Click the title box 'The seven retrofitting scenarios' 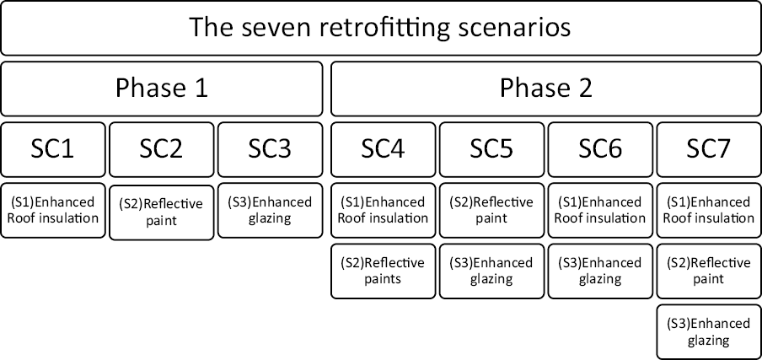click(380, 28)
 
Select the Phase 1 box click(161, 88)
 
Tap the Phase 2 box click(545, 88)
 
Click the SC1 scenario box click(53, 148)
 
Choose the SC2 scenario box click(161, 148)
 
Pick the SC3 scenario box click(270, 148)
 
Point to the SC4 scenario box click(383, 148)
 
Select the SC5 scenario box click(491, 148)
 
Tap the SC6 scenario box click(600, 148)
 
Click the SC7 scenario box click(708, 148)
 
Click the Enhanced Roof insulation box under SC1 click(53, 210)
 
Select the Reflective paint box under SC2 click(161, 212)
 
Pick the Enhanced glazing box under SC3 click(270, 210)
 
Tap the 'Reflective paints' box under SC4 click(383, 271)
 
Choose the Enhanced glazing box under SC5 click(491, 271)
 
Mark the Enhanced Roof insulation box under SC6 click(600, 210)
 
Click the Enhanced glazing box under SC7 click(708, 332)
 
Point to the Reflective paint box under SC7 click(708, 271)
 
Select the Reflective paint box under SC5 click(491, 210)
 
